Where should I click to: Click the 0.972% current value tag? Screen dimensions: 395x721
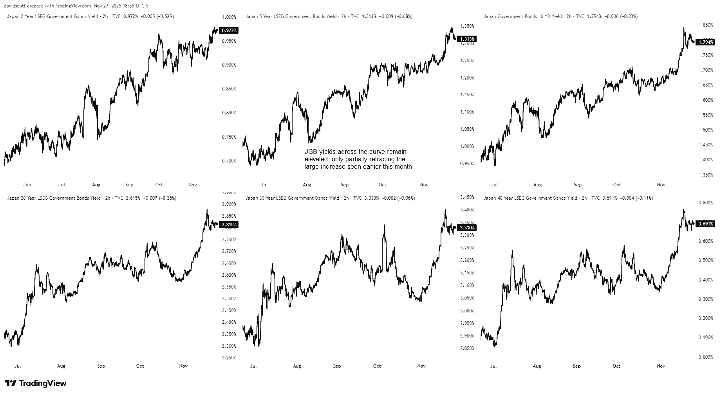(x=229, y=31)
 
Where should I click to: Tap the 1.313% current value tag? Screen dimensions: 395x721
(x=467, y=39)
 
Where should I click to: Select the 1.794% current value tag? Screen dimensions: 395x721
(x=706, y=42)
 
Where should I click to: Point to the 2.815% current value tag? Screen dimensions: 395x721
(x=229, y=225)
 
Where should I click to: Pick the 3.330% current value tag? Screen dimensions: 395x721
(x=467, y=228)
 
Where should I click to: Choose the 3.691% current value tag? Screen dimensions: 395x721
(x=706, y=224)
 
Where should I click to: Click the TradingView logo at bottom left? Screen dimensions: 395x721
(x=36, y=383)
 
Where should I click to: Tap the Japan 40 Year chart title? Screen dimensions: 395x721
(x=530, y=198)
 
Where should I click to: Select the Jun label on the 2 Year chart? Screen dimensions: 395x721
(x=27, y=185)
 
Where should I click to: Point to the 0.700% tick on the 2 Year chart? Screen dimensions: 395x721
(x=229, y=161)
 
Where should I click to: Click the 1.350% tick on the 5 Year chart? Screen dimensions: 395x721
(x=467, y=26)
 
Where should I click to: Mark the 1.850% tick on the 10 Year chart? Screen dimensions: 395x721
(x=706, y=25)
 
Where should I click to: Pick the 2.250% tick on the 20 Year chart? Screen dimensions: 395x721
(x=229, y=358)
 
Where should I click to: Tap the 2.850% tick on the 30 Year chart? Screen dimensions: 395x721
(x=467, y=348)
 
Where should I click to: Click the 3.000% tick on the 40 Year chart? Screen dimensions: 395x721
(x=706, y=357)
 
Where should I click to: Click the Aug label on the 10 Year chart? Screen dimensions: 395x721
(x=538, y=185)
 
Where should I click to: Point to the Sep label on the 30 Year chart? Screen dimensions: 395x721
(x=337, y=366)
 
